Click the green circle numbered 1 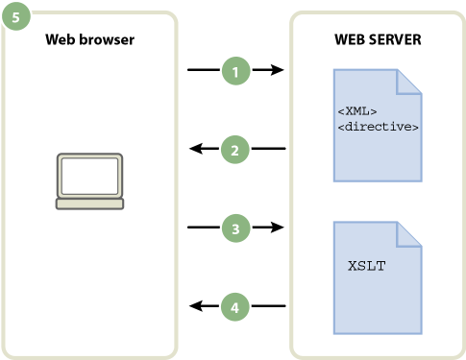[235, 70]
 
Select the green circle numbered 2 [235, 149]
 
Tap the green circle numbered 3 [235, 228]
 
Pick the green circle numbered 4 [235, 307]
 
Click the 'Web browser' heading [89, 40]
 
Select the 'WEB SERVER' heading [378, 40]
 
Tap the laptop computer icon [89, 180]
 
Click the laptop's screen [89, 174]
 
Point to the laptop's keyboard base [89, 204]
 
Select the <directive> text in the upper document [378, 126]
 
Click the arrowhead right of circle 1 [279, 70]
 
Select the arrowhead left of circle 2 [194, 149]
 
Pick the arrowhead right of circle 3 [279, 228]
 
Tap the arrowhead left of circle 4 [194, 307]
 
